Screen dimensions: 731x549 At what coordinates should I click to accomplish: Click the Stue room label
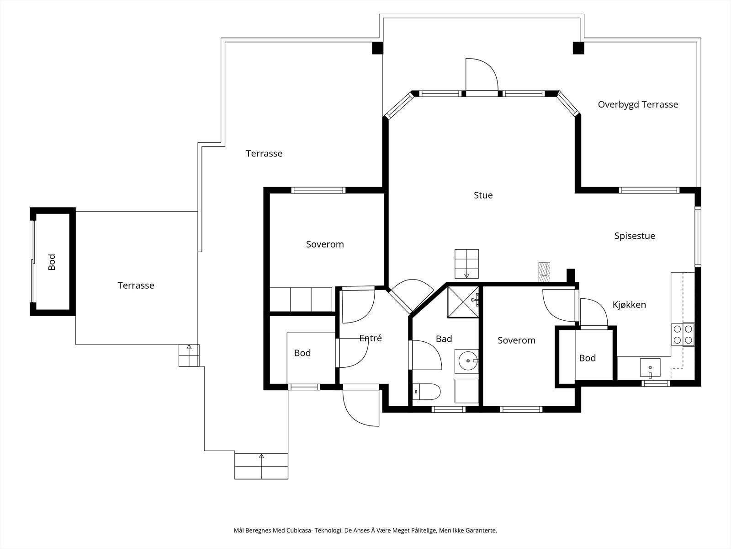(x=483, y=195)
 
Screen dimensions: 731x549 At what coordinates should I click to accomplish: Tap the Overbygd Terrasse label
(x=638, y=105)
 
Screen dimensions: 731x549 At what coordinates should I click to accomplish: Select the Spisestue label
(x=635, y=236)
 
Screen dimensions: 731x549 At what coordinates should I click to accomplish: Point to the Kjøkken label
(x=629, y=304)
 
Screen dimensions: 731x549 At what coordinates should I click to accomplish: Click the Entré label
(x=371, y=338)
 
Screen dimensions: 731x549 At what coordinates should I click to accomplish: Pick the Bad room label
(x=444, y=339)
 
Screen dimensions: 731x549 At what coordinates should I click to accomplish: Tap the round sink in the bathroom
(x=467, y=361)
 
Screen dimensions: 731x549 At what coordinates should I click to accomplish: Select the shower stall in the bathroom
(x=463, y=302)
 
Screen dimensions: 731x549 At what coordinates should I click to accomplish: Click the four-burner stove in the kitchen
(x=683, y=334)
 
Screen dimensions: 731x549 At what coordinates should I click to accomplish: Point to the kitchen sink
(x=650, y=368)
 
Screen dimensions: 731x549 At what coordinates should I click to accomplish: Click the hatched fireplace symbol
(x=544, y=272)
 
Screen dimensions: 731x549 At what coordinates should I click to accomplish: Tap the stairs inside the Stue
(x=466, y=264)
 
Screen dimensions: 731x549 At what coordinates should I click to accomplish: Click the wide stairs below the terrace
(x=261, y=466)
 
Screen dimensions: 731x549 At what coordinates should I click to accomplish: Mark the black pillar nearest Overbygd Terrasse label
(x=578, y=48)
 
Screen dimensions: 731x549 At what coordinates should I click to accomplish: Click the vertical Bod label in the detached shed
(x=52, y=262)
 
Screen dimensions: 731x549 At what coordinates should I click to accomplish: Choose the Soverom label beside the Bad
(x=516, y=340)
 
